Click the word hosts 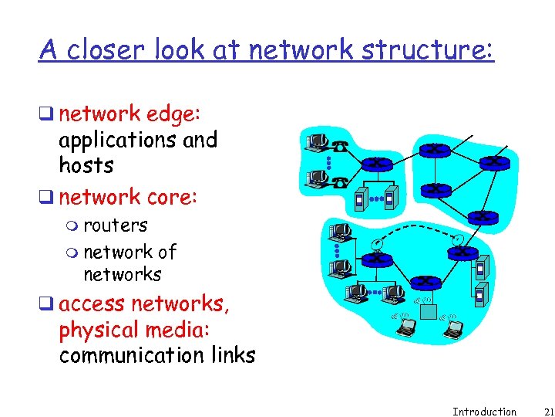coord(86,165)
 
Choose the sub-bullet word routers coord(116,225)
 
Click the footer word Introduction coord(484,412)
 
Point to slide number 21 coord(539,412)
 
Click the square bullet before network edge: coord(49,115)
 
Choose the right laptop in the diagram coord(452,329)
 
